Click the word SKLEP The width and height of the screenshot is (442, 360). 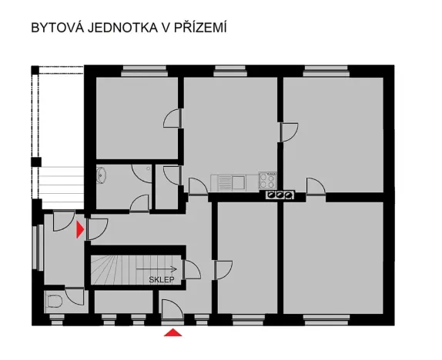tap(162, 280)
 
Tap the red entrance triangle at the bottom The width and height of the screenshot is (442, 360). tap(175, 332)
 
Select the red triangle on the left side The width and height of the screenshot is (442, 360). tap(80, 228)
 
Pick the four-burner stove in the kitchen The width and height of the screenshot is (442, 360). tap(269, 182)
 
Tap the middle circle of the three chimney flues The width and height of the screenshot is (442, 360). tap(280, 195)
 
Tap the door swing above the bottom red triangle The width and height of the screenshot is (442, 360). tap(172, 309)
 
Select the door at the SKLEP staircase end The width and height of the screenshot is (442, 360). tap(193, 270)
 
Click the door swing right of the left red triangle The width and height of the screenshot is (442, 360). tap(98, 228)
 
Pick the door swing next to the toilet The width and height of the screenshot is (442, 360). tap(75, 296)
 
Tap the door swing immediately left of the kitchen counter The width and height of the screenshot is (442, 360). tap(198, 185)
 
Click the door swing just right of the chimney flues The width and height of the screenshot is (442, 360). tap(315, 186)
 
